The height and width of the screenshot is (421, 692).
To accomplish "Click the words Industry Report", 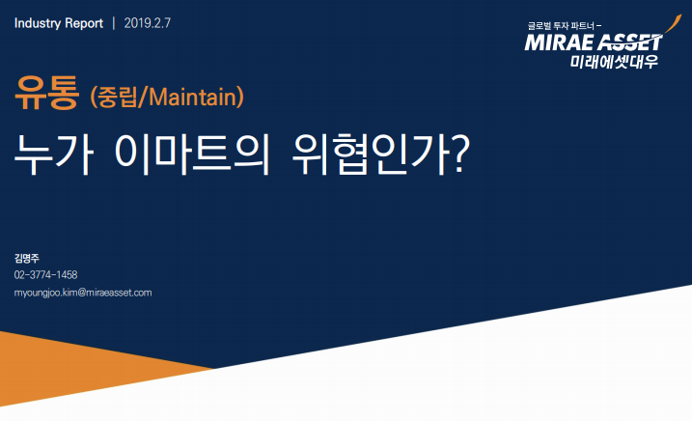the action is (59, 23).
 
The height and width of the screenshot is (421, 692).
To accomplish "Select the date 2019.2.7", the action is (147, 23).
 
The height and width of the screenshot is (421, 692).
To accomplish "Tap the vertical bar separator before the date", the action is (114, 23).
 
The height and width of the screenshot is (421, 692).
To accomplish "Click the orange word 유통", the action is (46, 93).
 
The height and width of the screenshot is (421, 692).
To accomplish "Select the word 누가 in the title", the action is (53, 154).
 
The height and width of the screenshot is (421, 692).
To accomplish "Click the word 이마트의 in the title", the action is (192, 154).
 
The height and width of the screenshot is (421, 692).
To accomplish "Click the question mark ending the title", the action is (460, 154).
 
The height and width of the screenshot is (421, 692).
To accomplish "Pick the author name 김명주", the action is (26, 258).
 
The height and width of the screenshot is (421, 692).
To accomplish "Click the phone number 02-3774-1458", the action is (45, 275).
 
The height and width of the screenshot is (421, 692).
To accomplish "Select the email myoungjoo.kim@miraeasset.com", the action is (83, 293).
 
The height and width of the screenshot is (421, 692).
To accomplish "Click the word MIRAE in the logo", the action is (559, 42).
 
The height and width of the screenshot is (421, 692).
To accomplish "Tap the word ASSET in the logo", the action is (629, 42).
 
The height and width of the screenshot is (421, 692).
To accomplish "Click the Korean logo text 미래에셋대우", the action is (614, 62).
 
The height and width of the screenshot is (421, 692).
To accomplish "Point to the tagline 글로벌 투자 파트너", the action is (561, 26).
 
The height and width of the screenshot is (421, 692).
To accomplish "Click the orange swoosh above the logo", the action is (673, 24).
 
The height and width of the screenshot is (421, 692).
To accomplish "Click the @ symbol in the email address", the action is (82, 293).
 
